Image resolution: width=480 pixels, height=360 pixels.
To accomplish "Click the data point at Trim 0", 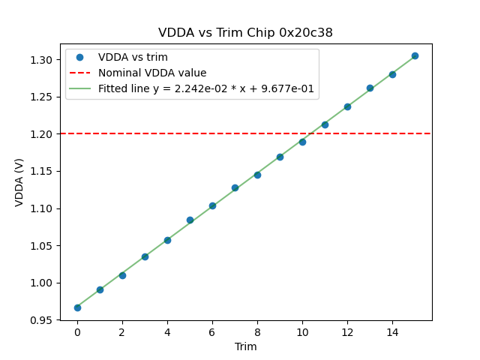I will click(x=77, y=307).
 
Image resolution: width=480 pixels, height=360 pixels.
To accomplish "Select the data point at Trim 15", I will click(x=415, y=55).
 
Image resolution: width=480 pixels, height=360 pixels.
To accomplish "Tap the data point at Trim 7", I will click(x=235, y=187).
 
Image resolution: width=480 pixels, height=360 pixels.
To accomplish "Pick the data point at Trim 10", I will click(x=302, y=142).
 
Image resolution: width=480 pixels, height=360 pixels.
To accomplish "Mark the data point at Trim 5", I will click(x=190, y=220).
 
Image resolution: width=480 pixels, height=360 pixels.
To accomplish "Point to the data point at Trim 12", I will click(x=347, y=106).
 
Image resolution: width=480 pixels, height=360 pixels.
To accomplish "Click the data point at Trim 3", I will click(x=145, y=256).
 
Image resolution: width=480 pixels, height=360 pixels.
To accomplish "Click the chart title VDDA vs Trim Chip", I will click(x=245, y=33).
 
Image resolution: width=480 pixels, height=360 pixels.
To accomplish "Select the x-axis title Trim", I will click(x=245, y=346).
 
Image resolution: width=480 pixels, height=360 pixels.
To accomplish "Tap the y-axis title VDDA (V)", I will click(x=19, y=181).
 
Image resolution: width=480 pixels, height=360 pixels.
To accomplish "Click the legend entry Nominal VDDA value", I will click(x=152, y=73).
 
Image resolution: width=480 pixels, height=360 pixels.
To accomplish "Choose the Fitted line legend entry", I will click(x=206, y=88).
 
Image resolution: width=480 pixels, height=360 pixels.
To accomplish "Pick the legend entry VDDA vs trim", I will click(x=133, y=57).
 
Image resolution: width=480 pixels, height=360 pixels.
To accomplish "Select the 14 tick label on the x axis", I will click(x=392, y=331).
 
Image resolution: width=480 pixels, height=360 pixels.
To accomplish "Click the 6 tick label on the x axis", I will click(x=212, y=331).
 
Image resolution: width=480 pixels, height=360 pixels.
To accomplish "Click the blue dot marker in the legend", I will click(x=79, y=57).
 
